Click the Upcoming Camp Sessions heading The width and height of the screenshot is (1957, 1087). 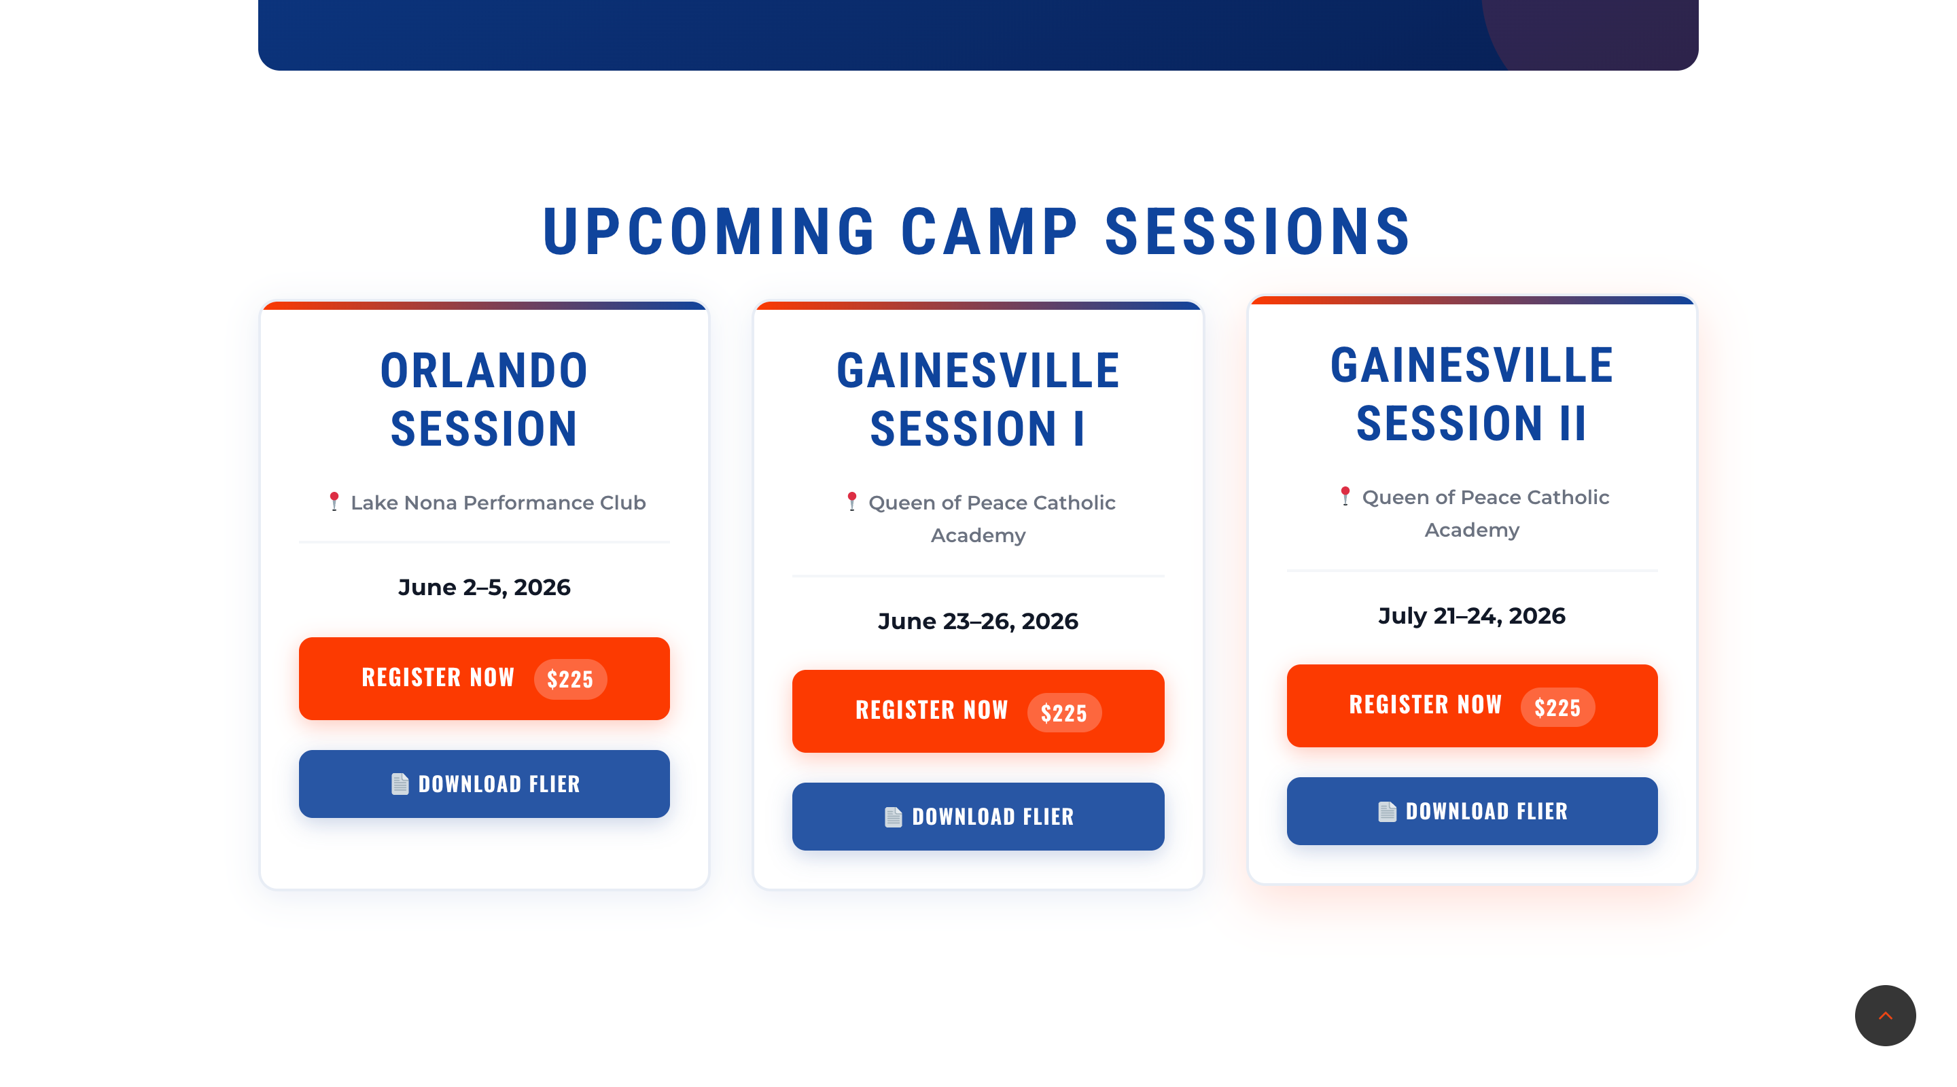point(978,232)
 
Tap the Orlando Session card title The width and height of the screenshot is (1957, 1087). point(484,399)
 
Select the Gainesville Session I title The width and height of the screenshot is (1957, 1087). point(978,399)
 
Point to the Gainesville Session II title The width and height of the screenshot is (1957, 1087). point(1472,393)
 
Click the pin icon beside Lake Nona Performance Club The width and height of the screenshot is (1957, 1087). point(334,501)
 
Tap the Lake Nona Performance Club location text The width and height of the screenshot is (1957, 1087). point(498,503)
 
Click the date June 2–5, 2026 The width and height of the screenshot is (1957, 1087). point(484,587)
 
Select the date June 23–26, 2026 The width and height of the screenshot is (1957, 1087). point(978,622)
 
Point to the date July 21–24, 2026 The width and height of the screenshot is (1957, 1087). point(1472,616)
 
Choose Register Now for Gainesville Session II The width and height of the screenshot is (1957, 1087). point(1472,706)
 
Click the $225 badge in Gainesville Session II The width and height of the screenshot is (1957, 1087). point(1557,707)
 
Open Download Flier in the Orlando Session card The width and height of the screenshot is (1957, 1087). point(484,784)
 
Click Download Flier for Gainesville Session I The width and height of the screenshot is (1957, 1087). point(978,817)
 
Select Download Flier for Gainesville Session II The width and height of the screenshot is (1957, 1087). point(1472,811)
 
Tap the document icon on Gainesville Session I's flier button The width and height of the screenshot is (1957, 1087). point(894,817)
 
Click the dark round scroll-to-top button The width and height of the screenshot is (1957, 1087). point(1885,1016)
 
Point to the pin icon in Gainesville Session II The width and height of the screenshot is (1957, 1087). point(1345,496)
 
